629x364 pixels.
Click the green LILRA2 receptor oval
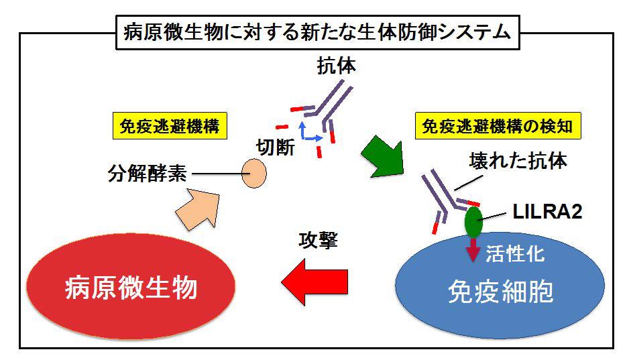click(473, 222)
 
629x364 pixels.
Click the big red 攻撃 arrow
click(314, 280)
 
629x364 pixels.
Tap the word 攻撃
click(317, 240)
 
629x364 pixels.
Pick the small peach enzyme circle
click(253, 173)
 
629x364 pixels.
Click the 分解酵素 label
click(147, 174)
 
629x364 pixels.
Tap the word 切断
click(276, 146)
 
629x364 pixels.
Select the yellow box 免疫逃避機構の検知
click(499, 126)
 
